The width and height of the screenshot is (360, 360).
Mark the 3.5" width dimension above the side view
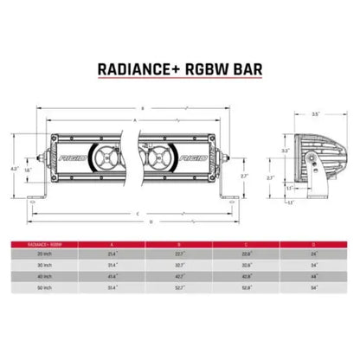(x=315, y=112)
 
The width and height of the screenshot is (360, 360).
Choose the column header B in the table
(x=180, y=243)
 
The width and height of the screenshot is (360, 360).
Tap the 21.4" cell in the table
(x=113, y=254)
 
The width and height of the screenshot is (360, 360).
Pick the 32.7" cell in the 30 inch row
(x=180, y=265)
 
